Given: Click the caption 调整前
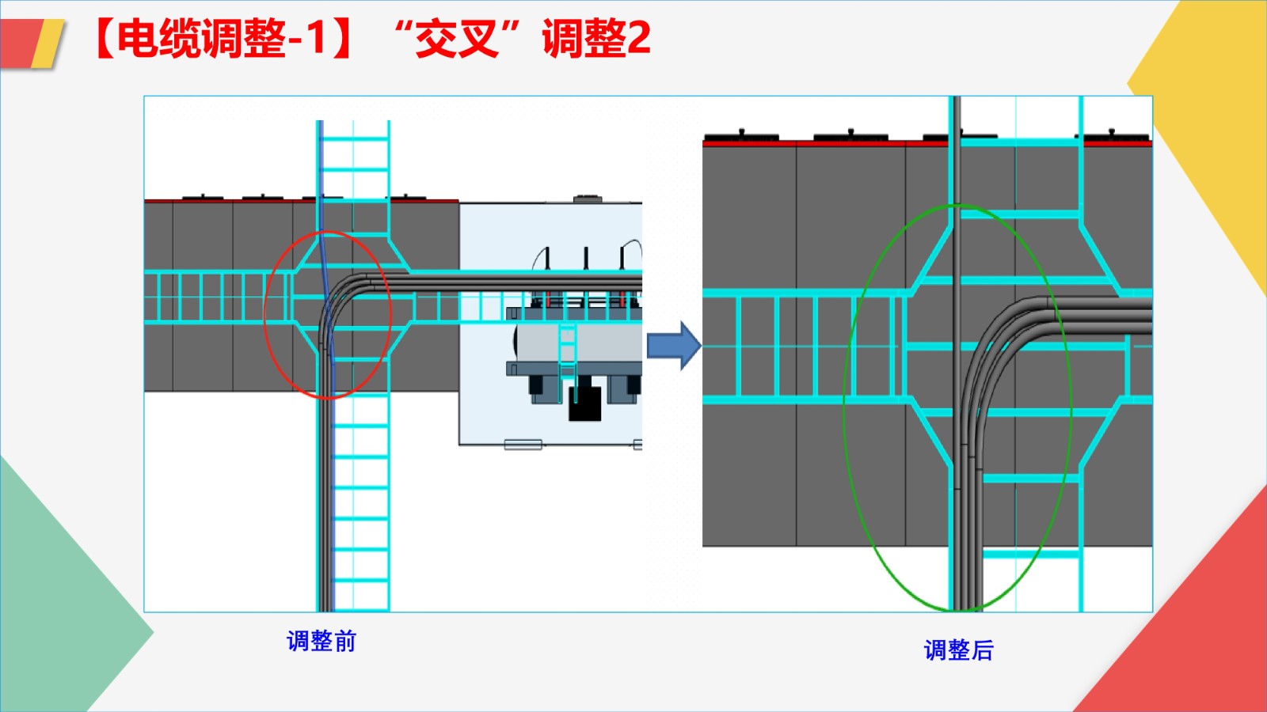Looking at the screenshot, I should pos(322,641).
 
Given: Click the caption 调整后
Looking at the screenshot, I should pos(958,650).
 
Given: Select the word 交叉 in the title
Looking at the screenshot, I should pos(457,38).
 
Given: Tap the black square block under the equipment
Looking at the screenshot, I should pos(585,403).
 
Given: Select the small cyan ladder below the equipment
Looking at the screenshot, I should pos(567,352).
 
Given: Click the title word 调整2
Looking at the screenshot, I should pos(595,38).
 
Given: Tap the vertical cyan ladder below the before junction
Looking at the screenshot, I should pos(361,506).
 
